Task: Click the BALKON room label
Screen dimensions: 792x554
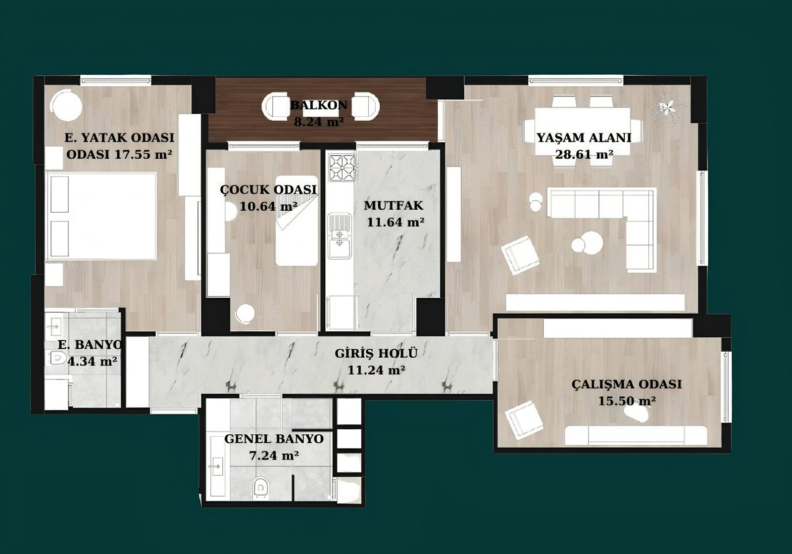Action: pos(319,105)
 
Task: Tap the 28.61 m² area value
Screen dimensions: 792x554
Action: pos(584,154)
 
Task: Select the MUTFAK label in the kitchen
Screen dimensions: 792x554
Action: pos(394,205)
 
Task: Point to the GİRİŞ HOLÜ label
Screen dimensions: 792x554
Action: pos(376,353)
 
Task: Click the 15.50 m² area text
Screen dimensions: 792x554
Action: pos(627,401)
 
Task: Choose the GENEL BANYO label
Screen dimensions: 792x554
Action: pos(274,439)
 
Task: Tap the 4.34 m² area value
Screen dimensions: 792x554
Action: pos(92,361)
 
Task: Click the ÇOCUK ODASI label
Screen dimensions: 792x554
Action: pos(268,189)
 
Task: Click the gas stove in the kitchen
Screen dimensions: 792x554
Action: pos(342,168)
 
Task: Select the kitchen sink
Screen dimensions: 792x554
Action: pos(340,235)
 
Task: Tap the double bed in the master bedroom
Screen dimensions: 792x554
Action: pos(101,216)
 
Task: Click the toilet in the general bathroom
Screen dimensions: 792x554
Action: pos(260,488)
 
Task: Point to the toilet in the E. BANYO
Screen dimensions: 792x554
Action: pos(57,358)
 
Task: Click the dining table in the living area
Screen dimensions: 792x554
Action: pos(582,132)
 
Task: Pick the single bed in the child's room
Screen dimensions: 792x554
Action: pos(297,221)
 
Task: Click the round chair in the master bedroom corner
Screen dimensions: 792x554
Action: pos(66,105)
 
